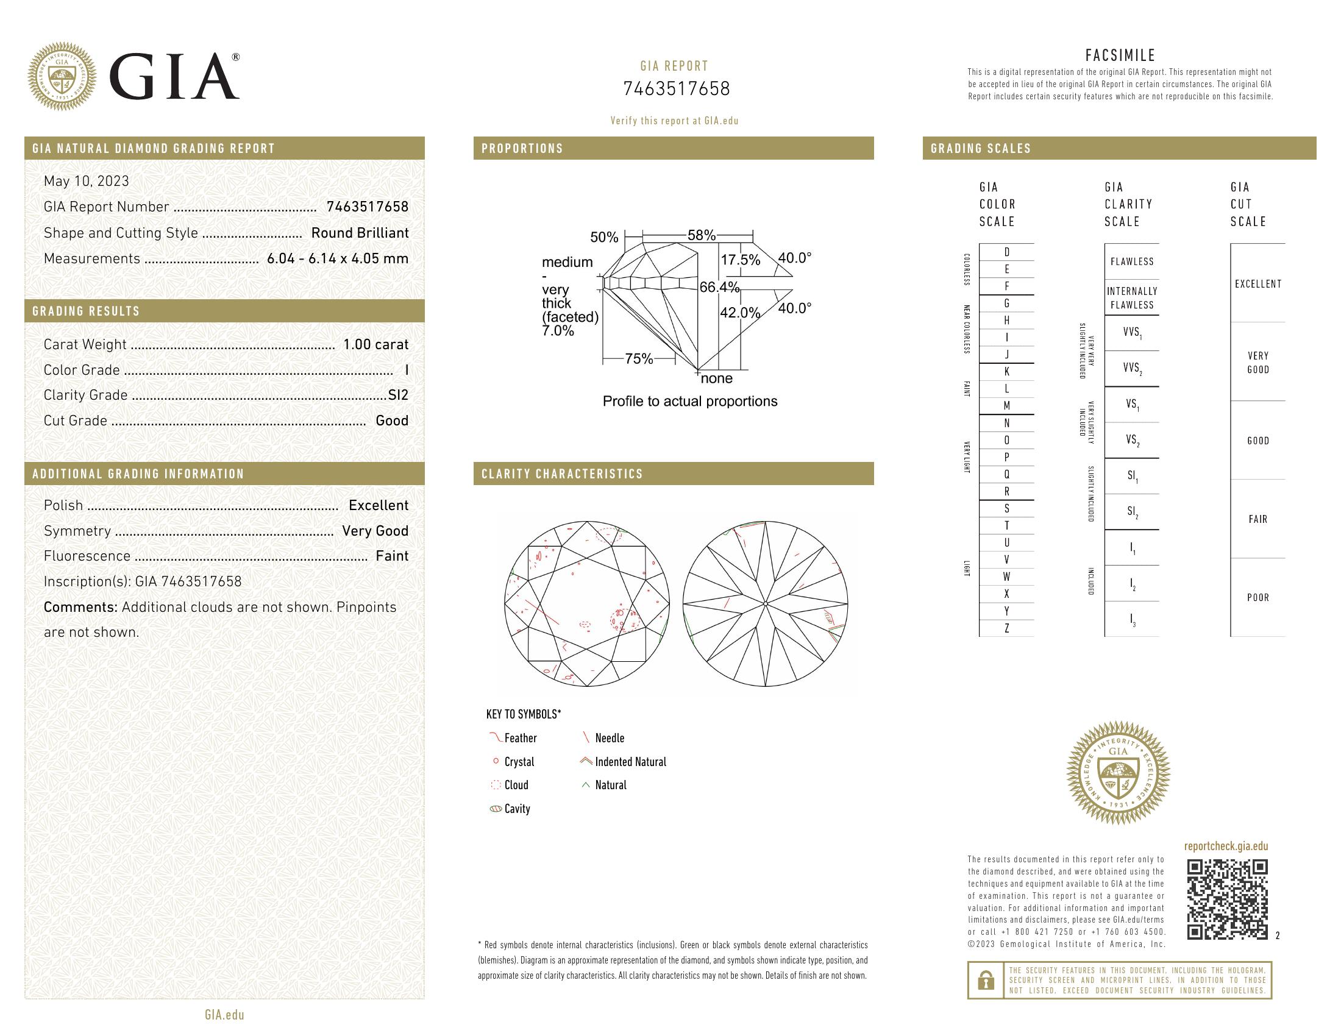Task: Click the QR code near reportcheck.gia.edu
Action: click(x=1227, y=899)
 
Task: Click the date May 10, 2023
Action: click(x=87, y=181)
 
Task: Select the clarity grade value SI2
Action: click(x=398, y=396)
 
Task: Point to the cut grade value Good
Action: click(x=392, y=420)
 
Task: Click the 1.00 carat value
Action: click(x=375, y=344)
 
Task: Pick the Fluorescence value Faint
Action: click(x=392, y=556)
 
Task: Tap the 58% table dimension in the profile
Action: click(x=701, y=236)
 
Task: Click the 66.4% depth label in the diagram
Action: click(x=720, y=287)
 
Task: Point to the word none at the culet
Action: click(x=717, y=378)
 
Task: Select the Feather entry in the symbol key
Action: click(x=519, y=739)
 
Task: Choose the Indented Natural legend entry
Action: click(x=630, y=762)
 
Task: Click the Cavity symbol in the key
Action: click(x=496, y=809)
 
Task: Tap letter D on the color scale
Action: click(x=1006, y=252)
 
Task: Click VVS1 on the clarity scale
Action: click(x=1132, y=333)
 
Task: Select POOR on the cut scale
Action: click(x=1257, y=598)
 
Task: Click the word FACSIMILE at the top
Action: click(x=1120, y=55)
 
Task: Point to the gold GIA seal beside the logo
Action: click(x=62, y=77)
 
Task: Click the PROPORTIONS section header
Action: click(x=522, y=149)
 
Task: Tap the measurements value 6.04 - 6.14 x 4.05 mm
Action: click(x=337, y=258)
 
